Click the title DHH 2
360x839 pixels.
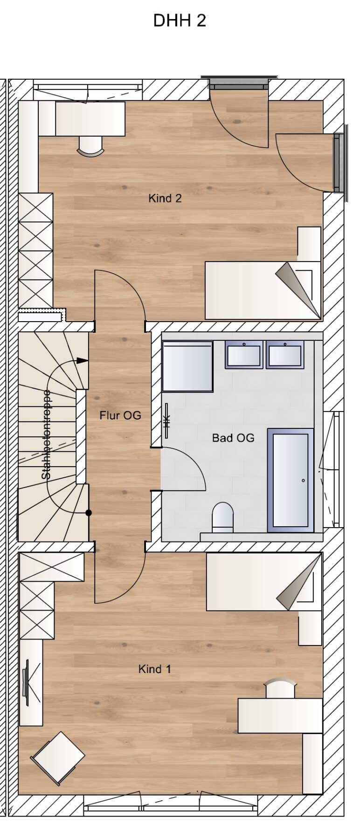[180, 21]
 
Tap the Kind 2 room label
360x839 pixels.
[165, 198]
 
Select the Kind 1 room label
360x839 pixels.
[155, 669]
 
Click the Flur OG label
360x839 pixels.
[120, 415]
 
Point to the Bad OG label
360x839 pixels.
[233, 438]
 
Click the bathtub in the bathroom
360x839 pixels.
[290, 480]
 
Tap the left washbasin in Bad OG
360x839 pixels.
[243, 354]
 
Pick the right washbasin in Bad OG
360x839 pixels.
[285, 354]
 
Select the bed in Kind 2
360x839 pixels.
[263, 290]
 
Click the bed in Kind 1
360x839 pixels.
[264, 581]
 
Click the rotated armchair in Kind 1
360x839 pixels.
[58, 758]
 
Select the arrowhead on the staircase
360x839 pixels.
[83, 360]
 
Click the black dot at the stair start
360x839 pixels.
[89, 513]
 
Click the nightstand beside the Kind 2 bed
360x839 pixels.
[309, 244]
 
